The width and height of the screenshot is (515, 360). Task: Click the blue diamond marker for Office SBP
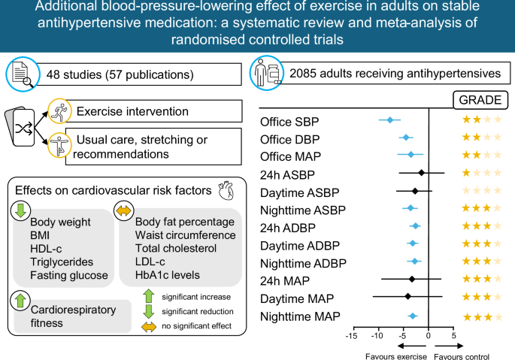click(x=390, y=120)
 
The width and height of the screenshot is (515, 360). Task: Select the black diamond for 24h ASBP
click(x=422, y=172)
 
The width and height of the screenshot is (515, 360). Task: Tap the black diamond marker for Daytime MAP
click(x=408, y=296)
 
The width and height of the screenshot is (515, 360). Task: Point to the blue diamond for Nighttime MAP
click(x=413, y=316)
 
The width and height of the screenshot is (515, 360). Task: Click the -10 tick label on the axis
click(x=377, y=336)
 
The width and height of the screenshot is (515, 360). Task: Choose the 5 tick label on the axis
click(x=453, y=336)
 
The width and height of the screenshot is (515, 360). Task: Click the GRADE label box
click(x=480, y=100)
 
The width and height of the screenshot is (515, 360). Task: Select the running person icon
click(x=59, y=111)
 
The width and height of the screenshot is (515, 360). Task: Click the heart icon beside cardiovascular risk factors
click(x=226, y=190)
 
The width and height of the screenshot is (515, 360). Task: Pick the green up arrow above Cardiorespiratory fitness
click(x=20, y=300)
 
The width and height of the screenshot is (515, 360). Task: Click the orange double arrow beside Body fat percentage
click(x=124, y=210)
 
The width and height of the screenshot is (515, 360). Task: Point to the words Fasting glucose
click(x=69, y=275)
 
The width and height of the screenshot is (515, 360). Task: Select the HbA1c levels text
click(x=168, y=275)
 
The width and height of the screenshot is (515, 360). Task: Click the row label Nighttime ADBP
click(x=303, y=264)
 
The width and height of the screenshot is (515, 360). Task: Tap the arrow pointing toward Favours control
click(x=449, y=346)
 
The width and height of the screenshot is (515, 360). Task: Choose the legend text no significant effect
click(x=196, y=326)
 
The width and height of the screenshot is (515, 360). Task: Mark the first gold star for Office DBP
click(x=466, y=137)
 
